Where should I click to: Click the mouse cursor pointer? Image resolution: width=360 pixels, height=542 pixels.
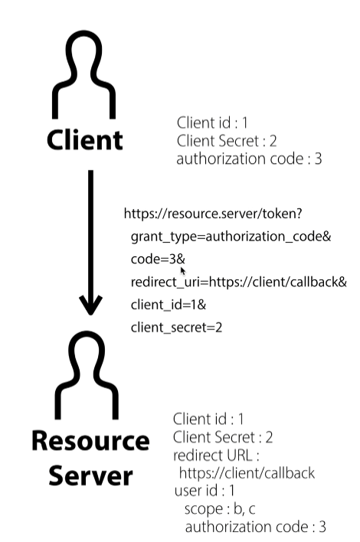pyautogui.click(x=183, y=271)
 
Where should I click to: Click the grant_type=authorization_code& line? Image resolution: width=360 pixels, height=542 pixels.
pyautogui.click(x=230, y=237)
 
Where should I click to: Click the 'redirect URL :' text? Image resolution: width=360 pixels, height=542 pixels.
pyautogui.click(x=214, y=455)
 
